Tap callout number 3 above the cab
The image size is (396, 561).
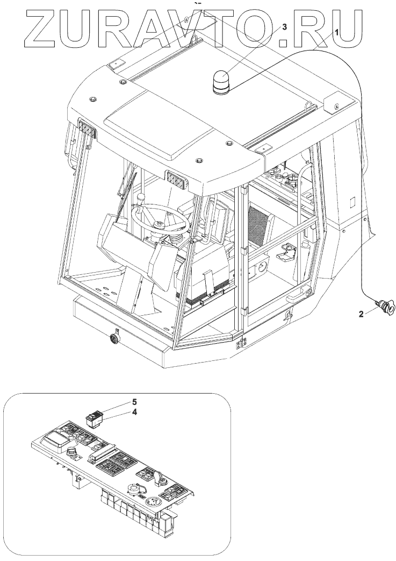284,26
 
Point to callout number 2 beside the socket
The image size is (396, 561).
361,314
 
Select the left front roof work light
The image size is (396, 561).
87,129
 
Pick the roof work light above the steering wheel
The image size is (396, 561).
175,179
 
